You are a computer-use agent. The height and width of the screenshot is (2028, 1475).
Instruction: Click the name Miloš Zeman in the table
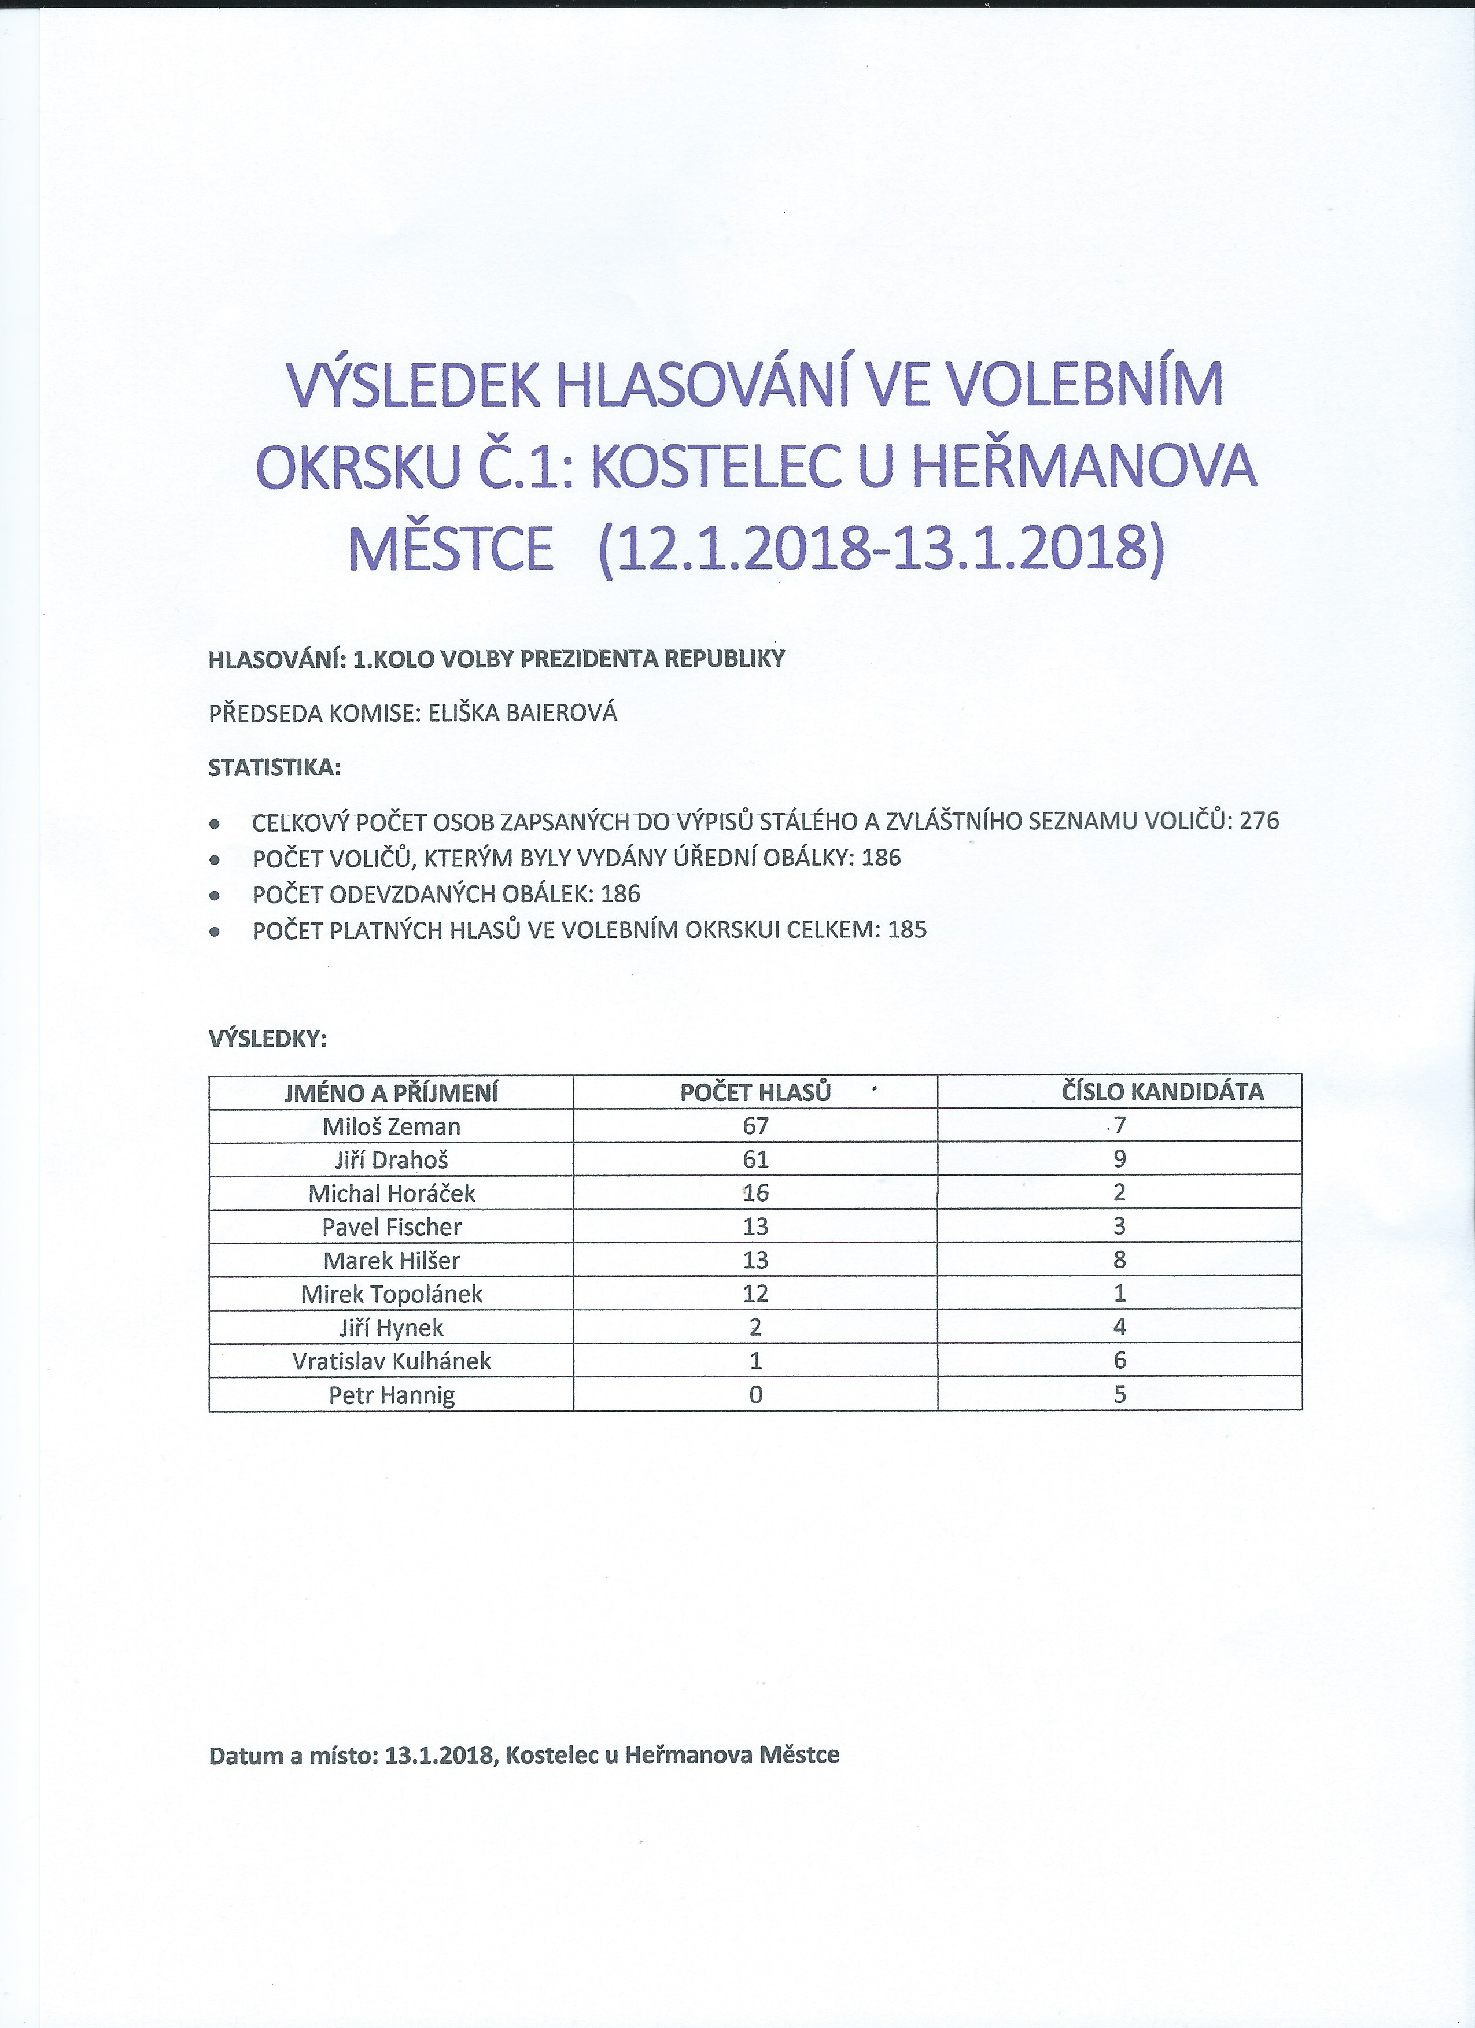click(x=391, y=1126)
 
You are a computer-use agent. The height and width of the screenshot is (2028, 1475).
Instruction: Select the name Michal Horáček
click(x=391, y=1193)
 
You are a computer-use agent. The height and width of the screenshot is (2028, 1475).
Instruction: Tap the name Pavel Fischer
click(x=391, y=1227)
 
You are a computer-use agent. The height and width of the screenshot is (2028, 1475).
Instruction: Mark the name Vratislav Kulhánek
click(x=391, y=1361)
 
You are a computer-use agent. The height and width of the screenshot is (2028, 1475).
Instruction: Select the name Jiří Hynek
click(x=391, y=1328)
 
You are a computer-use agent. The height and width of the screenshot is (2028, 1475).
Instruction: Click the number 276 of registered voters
click(x=1259, y=821)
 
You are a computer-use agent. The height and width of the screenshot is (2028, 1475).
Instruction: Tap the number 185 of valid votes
click(x=907, y=930)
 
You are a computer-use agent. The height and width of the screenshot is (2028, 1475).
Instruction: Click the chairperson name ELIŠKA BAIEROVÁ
click(x=524, y=714)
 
